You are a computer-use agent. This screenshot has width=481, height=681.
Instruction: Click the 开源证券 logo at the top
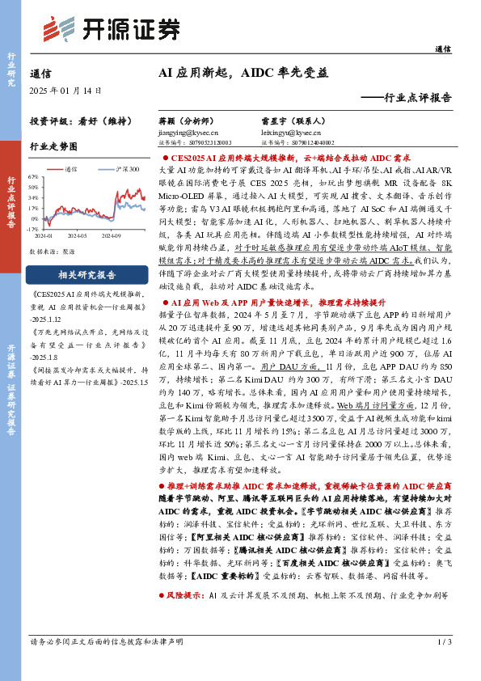point(112,29)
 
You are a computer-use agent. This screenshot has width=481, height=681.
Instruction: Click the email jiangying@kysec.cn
point(184,132)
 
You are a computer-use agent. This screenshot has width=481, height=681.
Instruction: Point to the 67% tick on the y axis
point(32,176)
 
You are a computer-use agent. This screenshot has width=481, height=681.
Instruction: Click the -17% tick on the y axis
point(32,229)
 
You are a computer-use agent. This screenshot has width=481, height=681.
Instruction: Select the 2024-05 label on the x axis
point(78,235)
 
